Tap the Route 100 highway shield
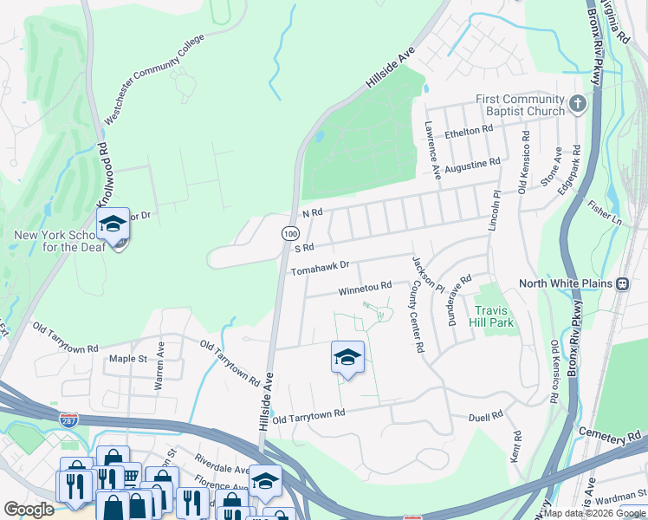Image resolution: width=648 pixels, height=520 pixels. click(290, 233)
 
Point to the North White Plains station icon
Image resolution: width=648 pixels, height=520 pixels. click(622, 283)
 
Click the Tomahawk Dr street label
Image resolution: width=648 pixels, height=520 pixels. click(320, 268)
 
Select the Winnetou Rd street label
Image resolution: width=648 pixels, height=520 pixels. click(365, 287)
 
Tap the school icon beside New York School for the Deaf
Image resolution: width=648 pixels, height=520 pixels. click(113, 224)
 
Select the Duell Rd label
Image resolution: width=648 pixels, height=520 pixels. click(485, 417)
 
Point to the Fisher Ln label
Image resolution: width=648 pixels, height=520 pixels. click(605, 214)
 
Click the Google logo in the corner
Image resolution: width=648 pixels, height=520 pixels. click(28, 510)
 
